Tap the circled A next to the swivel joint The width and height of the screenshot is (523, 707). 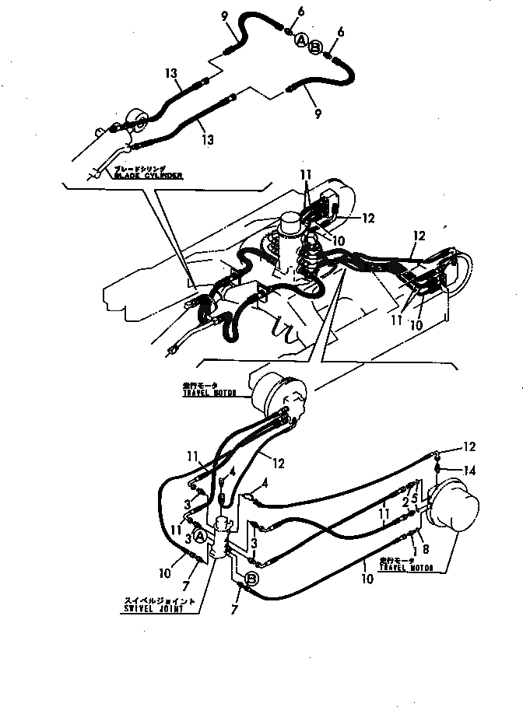[200, 536]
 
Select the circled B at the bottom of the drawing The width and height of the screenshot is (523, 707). [252, 578]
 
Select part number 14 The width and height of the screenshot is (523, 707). [469, 471]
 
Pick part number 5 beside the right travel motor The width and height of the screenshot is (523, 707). [414, 497]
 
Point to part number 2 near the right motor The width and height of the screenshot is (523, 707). [405, 502]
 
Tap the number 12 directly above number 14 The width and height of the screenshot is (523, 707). [469, 446]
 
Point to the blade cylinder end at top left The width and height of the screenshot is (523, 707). [139, 120]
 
